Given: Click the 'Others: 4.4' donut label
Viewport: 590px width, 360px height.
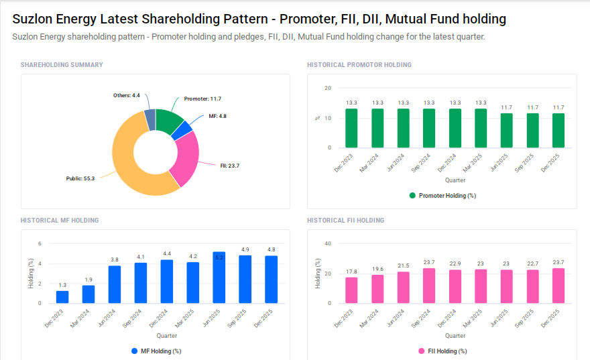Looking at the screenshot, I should coord(126,95).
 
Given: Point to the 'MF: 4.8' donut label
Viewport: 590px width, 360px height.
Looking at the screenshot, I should coord(217,116).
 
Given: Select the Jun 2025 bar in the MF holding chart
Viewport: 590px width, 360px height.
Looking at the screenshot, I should coord(219,278).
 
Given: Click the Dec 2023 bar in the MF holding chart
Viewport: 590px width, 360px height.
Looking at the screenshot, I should coord(62,296).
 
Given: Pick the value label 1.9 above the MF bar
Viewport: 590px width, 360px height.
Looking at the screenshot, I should coord(88,280).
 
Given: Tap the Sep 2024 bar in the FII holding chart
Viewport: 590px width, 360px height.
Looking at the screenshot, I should coord(429,286).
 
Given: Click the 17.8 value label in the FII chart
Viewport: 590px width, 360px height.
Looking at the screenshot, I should coord(351,272).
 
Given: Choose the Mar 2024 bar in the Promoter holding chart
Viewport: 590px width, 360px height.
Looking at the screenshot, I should coord(377,128).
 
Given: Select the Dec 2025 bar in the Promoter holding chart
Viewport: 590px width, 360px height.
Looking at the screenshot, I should coord(558,130).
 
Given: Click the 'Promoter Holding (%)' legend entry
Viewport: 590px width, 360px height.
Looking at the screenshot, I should coord(442,196).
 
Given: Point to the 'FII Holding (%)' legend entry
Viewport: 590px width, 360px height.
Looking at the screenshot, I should coord(442,351).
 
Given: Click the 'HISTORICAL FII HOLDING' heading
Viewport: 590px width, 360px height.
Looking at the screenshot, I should coord(345,220).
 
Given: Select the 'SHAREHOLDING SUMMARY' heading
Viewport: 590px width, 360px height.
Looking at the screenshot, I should coord(62,65).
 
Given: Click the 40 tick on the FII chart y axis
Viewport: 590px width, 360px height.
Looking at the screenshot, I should coord(328,243).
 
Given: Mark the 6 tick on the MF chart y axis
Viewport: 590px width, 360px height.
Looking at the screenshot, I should coord(40,243).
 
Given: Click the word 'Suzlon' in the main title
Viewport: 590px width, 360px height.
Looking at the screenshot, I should coord(34,19).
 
